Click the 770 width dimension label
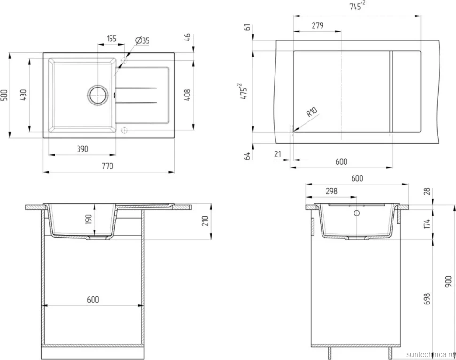107,166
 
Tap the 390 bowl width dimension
83,149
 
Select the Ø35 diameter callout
142,40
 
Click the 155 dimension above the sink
111,39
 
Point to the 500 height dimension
4,95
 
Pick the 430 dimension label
23,95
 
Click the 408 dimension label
188,95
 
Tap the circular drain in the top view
98,95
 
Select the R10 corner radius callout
312,112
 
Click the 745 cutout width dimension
357,6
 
